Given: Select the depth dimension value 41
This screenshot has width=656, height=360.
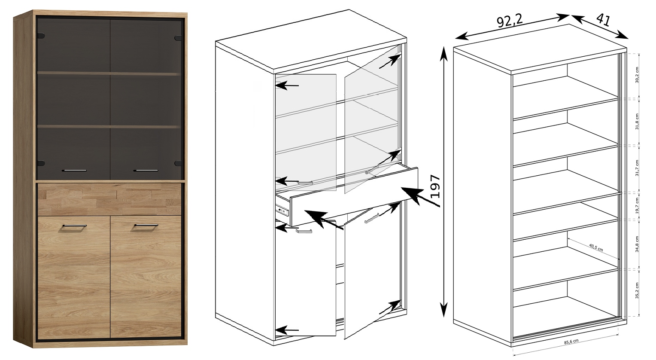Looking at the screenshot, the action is point(604,20).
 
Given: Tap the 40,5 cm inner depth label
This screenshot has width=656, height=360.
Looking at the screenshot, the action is point(595,247).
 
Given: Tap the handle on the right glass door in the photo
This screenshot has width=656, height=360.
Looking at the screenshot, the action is point(146,170).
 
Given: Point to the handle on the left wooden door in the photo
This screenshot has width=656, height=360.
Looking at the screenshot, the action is point(74,226).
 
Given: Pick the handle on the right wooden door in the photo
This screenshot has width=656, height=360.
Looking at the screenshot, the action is point(146,226).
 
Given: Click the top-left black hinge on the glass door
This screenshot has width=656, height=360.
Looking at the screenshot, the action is point(42,36).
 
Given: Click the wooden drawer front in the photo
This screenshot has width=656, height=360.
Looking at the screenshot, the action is point(109,200).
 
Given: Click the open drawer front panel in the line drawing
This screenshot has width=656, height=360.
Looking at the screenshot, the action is point(354,196).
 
